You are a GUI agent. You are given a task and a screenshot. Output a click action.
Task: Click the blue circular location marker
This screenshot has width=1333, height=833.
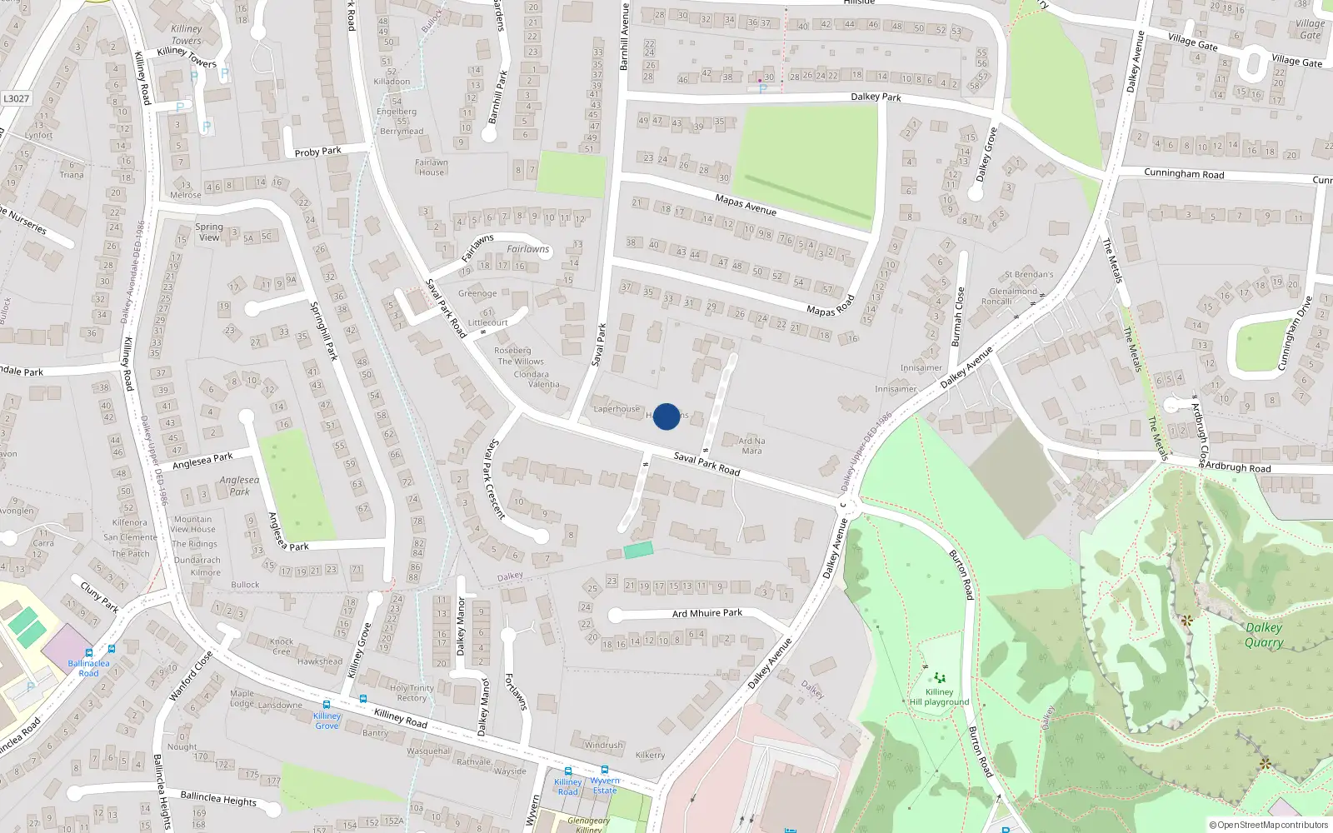pyautogui.click(x=666, y=416)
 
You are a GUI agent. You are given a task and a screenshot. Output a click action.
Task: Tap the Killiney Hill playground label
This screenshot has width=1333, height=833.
pyautogui.click(x=939, y=697)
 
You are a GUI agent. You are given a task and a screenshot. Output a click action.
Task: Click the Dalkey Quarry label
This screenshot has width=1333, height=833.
pyautogui.click(x=1264, y=635)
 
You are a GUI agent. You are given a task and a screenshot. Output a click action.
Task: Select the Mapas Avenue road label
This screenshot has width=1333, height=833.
pyautogui.click(x=746, y=203)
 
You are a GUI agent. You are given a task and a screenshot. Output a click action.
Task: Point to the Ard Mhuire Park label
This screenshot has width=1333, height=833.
pyautogui.click(x=706, y=613)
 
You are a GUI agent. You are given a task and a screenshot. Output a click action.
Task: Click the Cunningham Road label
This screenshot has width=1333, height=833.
pyautogui.click(x=1183, y=173)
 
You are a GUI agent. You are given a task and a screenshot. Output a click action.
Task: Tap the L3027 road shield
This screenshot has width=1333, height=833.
pyautogui.click(x=16, y=98)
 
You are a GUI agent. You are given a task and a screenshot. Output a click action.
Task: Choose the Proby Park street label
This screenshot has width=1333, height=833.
pyautogui.click(x=317, y=152)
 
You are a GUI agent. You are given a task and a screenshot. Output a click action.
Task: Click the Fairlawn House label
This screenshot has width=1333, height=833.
pyautogui.click(x=432, y=167)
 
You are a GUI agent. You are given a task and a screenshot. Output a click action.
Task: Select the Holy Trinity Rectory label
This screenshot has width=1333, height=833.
pyautogui.click(x=412, y=693)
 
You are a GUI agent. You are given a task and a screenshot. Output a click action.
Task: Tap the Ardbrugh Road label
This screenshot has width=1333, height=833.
pyautogui.click(x=1237, y=467)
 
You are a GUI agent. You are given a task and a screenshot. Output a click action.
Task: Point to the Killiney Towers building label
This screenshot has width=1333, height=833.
pyautogui.click(x=186, y=34)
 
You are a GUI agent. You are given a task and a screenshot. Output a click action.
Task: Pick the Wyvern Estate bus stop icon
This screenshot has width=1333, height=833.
pyautogui.click(x=605, y=771)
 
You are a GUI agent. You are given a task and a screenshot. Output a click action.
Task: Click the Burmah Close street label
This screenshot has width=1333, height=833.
pyautogui.click(x=958, y=317)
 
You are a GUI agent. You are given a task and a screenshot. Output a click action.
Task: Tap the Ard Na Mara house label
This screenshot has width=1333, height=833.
pyautogui.click(x=751, y=446)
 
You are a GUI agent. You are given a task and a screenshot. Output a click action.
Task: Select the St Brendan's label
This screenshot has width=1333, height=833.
pyautogui.click(x=1029, y=274)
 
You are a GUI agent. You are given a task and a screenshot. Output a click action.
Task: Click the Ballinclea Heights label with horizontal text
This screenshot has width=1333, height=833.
pyautogui.click(x=218, y=799)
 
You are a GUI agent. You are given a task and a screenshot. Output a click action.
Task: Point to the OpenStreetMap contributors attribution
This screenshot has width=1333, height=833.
pyautogui.click(x=1269, y=826)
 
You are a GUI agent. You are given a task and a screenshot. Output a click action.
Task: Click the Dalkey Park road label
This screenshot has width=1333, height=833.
pyautogui.click(x=876, y=97)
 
